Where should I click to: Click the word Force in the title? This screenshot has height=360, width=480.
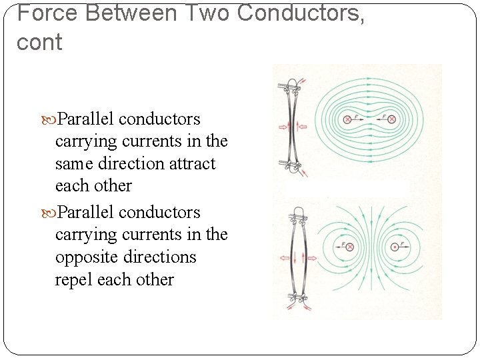[x=43, y=13]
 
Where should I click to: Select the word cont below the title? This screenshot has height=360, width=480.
[x=39, y=43]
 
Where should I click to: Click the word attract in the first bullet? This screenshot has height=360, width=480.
[x=192, y=163]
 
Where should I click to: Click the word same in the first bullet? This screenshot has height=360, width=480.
[x=74, y=163]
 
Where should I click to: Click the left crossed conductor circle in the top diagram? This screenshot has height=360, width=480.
[x=347, y=119]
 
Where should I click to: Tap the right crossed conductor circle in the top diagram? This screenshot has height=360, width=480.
[x=391, y=119]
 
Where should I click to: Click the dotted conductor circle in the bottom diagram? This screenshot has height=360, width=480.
[x=395, y=247]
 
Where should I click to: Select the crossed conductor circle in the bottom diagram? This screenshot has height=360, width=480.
[x=349, y=247]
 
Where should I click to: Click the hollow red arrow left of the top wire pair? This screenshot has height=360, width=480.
[x=281, y=127]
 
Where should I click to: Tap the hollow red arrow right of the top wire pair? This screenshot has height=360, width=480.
[x=303, y=127]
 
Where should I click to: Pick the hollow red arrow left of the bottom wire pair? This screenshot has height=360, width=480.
[x=283, y=257]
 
